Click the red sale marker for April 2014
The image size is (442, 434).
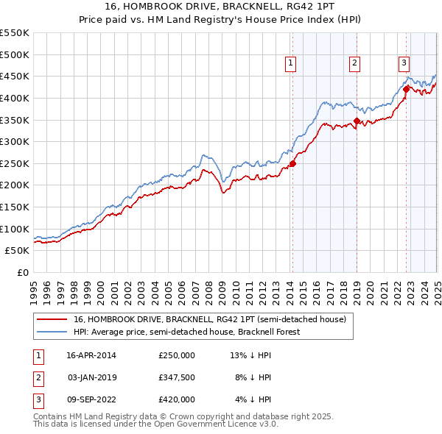point(292,163)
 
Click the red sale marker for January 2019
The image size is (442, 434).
point(357,121)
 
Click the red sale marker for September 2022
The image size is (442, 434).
point(406,90)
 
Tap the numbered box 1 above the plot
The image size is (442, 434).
point(291,63)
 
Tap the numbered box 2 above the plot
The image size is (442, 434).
point(354,63)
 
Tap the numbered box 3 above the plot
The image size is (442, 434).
point(404,63)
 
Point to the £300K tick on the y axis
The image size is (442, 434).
point(15,141)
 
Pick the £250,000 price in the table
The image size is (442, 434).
point(177,355)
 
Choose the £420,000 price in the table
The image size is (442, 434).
point(177,399)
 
